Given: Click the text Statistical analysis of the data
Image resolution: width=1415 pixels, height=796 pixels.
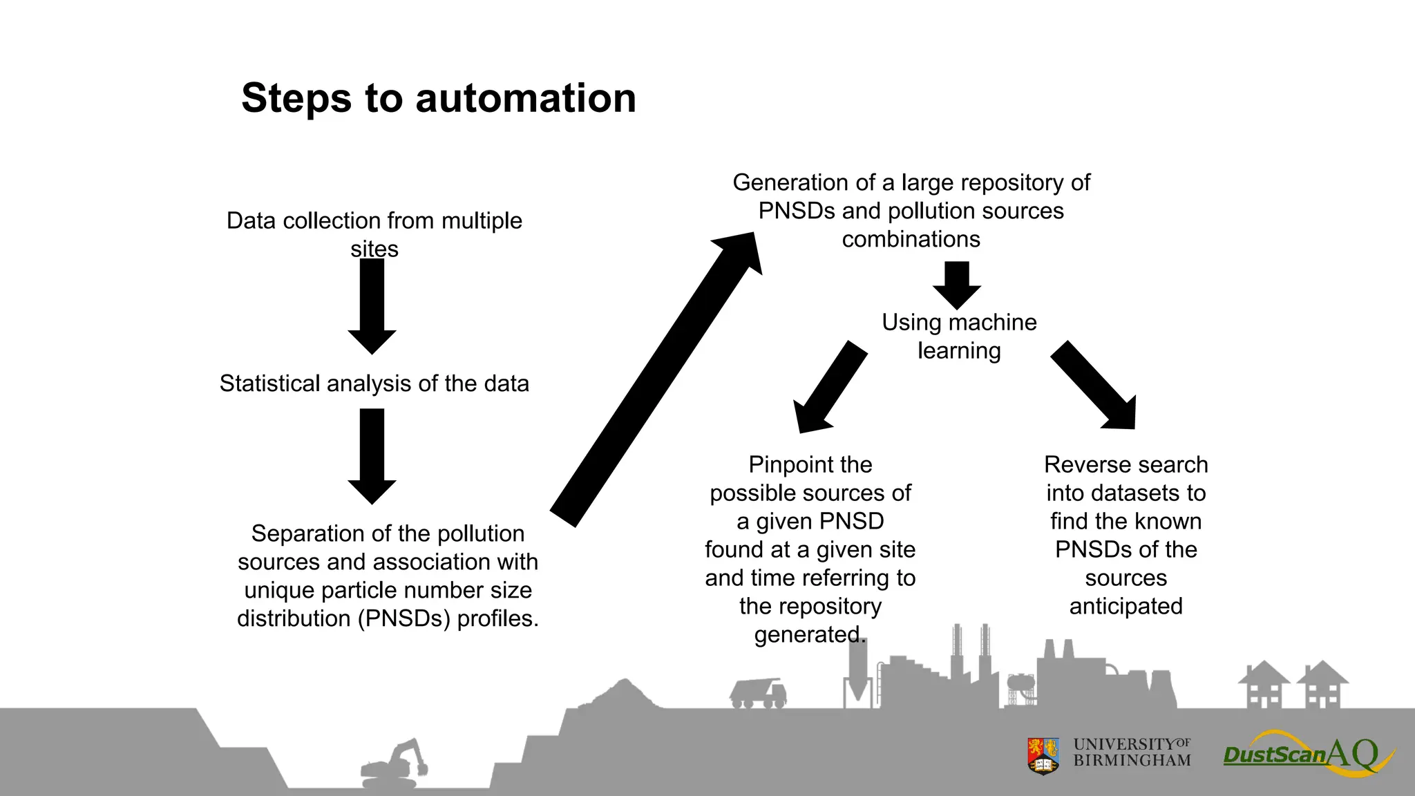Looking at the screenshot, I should [x=374, y=383].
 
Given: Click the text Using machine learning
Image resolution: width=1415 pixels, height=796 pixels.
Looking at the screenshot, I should [x=959, y=337].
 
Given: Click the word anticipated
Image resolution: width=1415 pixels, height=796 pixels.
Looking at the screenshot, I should [x=1126, y=607].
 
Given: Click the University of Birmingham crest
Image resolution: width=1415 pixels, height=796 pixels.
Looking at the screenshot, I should [x=1043, y=755].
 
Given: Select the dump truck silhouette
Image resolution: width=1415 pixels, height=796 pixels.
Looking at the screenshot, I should [x=758, y=693].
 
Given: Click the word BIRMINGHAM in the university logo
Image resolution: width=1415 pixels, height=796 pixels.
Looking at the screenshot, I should [x=1132, y=761].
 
